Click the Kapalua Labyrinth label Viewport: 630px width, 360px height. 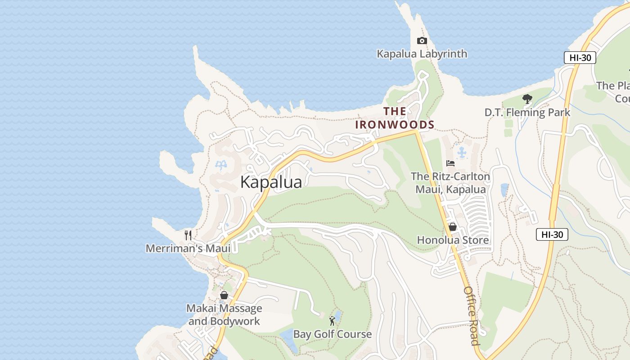pyautogui.click(x=422, y=54)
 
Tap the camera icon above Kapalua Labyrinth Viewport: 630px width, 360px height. pyautogui.click(x=422, y=41)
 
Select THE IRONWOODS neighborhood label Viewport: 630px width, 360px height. pyautogui.click(x=395, y=118)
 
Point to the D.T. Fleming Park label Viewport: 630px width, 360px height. pyautogui.click(x=527, y=112)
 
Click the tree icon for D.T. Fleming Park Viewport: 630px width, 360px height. pyautogui.click(x=527, y=99)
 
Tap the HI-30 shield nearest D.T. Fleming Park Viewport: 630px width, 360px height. pyautogui.click(x=580, y=58)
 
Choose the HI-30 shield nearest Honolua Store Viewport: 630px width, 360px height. pyautogui.click(x=552, y=234)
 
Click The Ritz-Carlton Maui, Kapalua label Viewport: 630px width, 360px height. pyautogui.click(x=450, y=183)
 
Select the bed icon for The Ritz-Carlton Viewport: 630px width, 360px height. pyautogui.click(x=450, y=163)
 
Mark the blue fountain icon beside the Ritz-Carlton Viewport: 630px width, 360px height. pyautogui.click(x=462, y=153)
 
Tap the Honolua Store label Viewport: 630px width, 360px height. pyautogui.click(x=453, y=240)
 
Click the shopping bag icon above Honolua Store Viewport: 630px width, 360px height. pyautogui.click(x=453, y=227)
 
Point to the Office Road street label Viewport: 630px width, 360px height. pyautogui.click(x=471, y=315)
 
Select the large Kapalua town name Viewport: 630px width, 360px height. pyautogui.click(x=271, y=182)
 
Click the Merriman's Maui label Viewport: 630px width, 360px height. pyautogui.click(x=188, y=248)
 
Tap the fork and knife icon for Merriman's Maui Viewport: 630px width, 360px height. pyautogui.click(x=188, y=235)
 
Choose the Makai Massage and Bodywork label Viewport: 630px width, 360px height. pyautogui.click(x=224, y=315)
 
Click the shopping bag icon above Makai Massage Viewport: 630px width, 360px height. pyautogui.click(x=224, y=296)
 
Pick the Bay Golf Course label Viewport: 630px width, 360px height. pyautogui.click(x=333, y=334)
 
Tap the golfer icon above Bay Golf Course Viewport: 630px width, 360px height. pyautogui.click(x=332, y=321)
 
